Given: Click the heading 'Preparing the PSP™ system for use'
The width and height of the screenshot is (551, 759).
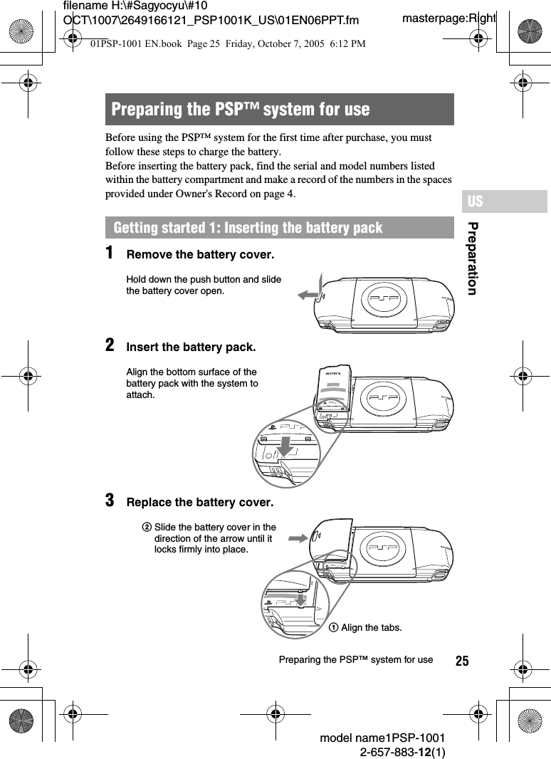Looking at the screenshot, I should [x=241, y=110].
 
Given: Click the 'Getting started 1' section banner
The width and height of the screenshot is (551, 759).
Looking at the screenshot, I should [x=248, y=228].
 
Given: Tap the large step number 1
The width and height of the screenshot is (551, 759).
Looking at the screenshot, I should [x=110, y=253].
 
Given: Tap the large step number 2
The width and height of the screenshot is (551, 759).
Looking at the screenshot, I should [x=110, y=345].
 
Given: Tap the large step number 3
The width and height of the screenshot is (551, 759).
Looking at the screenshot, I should [x=110, y=501].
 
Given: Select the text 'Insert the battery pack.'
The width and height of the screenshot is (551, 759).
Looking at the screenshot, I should [x=191, y=347].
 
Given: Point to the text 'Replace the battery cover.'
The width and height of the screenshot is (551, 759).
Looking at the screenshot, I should [x=199, y=503].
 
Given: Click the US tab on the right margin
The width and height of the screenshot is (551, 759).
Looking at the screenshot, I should [x=475, y=201].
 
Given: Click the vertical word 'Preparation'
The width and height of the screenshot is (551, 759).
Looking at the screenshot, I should [x=472, y=258].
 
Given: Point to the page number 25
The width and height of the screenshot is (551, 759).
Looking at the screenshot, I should [x=462, y=661].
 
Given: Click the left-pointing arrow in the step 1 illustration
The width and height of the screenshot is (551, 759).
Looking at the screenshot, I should [x=308, y=295].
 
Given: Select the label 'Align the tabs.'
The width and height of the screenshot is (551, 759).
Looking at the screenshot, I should [x=371, y=627].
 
